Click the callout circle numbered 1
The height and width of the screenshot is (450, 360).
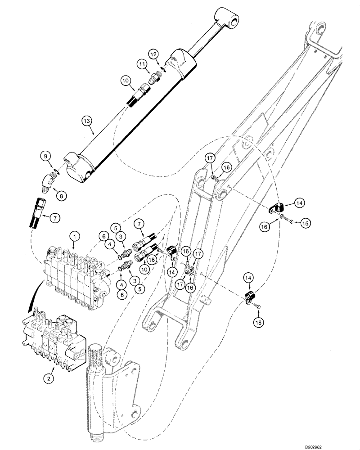point(75,235)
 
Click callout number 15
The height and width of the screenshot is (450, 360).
point(305,223)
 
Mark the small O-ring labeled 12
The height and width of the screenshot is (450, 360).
point(165,68)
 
